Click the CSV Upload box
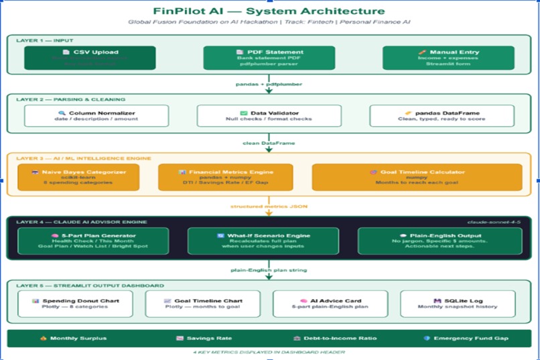[90, 58]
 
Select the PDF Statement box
[269, 58]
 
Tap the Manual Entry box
[448, 58]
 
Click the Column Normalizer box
[96, 116]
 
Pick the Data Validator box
[269, 116]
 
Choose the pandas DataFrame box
[442, 116]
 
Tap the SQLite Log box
[458, 304]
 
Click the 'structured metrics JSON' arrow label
[269, 206]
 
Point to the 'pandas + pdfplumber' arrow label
[269, 84]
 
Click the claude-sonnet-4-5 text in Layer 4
[495, 221]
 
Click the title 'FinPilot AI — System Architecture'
[269, 11]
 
